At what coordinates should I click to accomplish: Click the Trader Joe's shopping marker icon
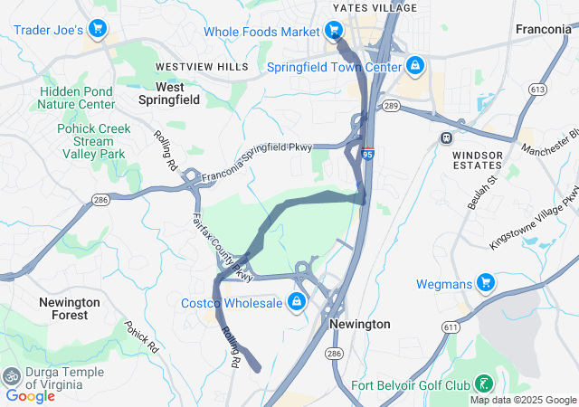(x=98, y=31)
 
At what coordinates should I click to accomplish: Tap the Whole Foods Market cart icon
(x=334, y=32)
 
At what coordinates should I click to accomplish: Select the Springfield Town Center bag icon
(x=414, y=66)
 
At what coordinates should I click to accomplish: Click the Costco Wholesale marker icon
(x=296, y=302)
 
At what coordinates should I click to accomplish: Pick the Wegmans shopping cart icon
(x=486, y=283)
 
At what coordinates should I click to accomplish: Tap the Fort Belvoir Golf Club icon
(x=485, y=383)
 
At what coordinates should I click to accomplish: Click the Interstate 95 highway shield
(x=368, y=155)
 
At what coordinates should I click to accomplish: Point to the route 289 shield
(x=391, y=106)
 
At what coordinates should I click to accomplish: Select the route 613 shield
(x=539, y=89)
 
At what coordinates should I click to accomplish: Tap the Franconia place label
(x=543, y=29)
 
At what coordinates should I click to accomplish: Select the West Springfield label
(x=170, y=93)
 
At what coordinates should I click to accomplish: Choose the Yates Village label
(x=375, y=7)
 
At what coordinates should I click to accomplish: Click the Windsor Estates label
(x=477, y=161)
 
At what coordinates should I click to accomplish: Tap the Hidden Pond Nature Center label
(x=76, y=98)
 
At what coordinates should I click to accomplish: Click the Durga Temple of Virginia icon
(x=13, y=374)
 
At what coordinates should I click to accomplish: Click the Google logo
(x=30, y=395)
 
